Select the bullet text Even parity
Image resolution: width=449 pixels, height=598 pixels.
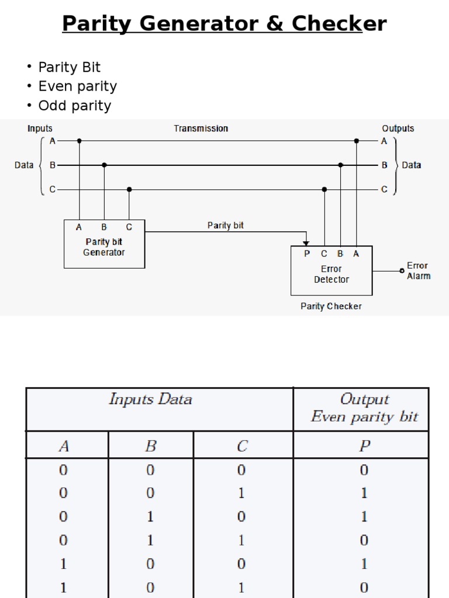[x=77, y=86]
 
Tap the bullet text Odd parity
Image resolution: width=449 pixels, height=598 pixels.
[x=74, y=106]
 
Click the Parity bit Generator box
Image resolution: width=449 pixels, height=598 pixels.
[x=104, y=244]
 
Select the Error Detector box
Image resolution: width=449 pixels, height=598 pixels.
[x=331, y=271]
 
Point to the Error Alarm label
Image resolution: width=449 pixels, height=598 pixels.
[x=418, y=271]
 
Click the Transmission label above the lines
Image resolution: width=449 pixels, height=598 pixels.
[x=201, y=128]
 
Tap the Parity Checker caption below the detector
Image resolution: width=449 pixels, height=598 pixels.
[x=331, y=306]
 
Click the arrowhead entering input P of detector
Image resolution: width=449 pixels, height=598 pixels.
[x=306, y=242]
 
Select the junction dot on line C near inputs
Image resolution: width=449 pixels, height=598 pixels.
[x=129, y=189]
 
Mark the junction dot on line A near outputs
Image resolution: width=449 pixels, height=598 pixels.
[x=356, y=141]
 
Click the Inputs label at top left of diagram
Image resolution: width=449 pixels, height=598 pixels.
[x=40, y=128]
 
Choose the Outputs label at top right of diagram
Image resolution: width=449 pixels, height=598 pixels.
[x=398, y=128]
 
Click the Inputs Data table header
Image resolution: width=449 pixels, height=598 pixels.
[x=150, y=400]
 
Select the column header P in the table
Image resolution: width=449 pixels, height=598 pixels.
[x=364, y=447]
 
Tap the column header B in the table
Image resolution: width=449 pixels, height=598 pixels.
[x=150, y=447]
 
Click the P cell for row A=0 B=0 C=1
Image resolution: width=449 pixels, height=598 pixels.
[x=364, y=493]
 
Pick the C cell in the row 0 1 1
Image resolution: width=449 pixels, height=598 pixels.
[x=242, y=540]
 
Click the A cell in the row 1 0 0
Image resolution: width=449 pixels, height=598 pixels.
[x=64, y=564]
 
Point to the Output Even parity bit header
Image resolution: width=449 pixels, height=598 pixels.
[x=364, y=408]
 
